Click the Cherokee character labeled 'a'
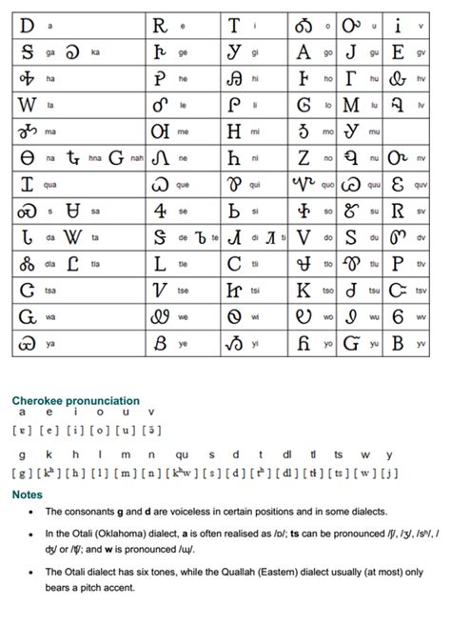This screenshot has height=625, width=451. tap(25, 26)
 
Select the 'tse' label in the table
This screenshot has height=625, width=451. tap(183, 290)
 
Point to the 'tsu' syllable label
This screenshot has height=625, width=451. tap(374, 290)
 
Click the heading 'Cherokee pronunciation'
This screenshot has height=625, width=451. tap(75, 401)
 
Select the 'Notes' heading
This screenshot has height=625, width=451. tap(28, 495)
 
